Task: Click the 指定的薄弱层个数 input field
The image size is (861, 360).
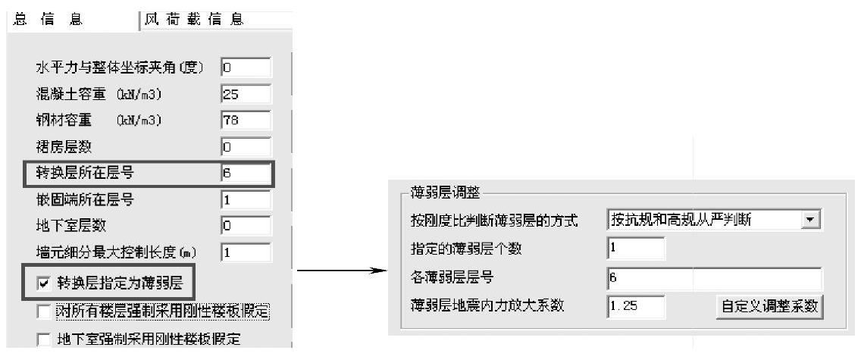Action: pos(636,249)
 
